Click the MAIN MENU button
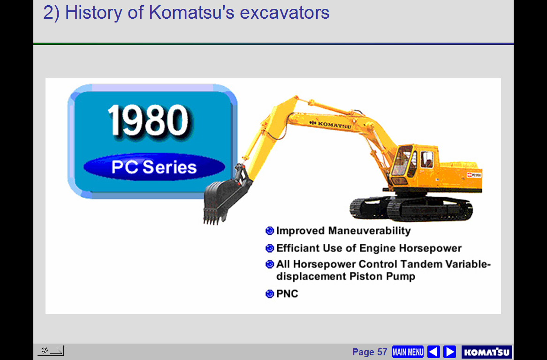tap(408, 352)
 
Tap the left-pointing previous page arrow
tap(433, 352)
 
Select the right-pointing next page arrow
tap(450, 352)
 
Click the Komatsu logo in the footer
tap(486, 352)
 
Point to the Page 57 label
tap(370, 352)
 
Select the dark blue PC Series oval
tap(154, 167)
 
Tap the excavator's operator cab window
tap(402, 160)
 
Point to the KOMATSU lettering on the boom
tap(330, 124)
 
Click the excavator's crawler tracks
tap(411, 209)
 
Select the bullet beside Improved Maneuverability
tap(270, 231)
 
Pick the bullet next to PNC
tap(270, 294)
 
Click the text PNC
tap(287, 294)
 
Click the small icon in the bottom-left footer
tap(51, 351)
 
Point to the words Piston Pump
tap(382, 277)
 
